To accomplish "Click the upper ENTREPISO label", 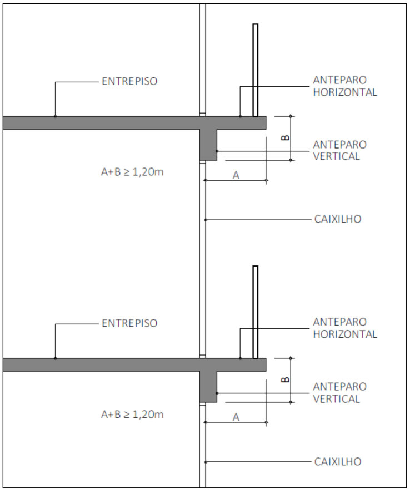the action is (x=129, y=81).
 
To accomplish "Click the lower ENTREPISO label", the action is (x=129, y=323).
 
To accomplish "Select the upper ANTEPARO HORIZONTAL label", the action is (x=345, y=86).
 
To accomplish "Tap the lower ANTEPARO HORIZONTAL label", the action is (x=345, y=328).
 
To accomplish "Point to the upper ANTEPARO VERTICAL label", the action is (x=339, y=151).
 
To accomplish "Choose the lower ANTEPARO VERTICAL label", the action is (x=339, y=393).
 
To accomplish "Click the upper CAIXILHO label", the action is (x=338, y=219).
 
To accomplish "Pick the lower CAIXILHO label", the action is (x=338, y=461).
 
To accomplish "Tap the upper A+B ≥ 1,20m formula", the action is (x=132, y=172).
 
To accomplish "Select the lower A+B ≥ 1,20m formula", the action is (x=132, y=415).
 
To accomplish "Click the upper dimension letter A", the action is (x=236, y=175).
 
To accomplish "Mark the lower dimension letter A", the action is (x=236, y=417).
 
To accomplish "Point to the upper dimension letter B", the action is (x=285, y=137).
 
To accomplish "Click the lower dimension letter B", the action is (x=285, y=379).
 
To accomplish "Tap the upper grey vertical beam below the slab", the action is (x=208, y=144).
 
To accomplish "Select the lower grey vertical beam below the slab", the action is (x=208, y=386).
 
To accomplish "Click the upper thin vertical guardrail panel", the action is (x=255, y=70).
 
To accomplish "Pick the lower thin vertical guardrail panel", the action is (x=255, y=312).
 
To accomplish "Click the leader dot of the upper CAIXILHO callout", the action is (x=206, y=220).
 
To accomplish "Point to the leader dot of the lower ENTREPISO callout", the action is (x=55, y=358).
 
